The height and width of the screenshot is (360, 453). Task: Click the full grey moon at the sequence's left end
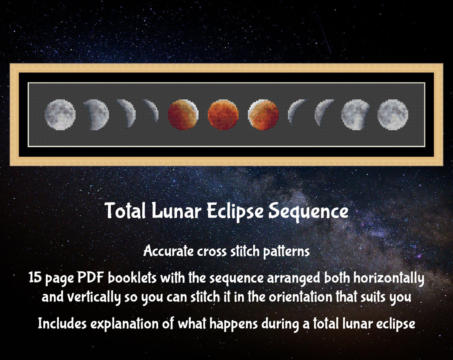[60, 114]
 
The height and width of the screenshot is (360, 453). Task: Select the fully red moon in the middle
[223, 115]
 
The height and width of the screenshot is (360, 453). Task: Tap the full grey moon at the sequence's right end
[393, 114]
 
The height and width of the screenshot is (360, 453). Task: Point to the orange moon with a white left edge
[263, 115]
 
